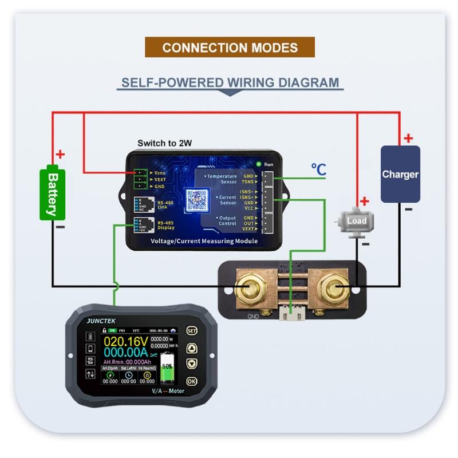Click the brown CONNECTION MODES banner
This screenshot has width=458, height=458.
(x=230, y=47)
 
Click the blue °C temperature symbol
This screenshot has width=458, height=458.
(x=318, y=169)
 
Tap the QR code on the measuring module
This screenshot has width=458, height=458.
(x=197, y=200)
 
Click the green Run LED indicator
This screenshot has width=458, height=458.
(x=259, y=165)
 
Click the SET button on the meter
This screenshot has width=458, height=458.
(x=192, y=331)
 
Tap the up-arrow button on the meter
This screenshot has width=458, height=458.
(x=192, y=348)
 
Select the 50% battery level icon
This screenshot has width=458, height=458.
(x=167, y=368)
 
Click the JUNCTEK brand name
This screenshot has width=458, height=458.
(x=101, y=321)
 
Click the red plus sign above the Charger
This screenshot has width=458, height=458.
(x=408, y=138)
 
